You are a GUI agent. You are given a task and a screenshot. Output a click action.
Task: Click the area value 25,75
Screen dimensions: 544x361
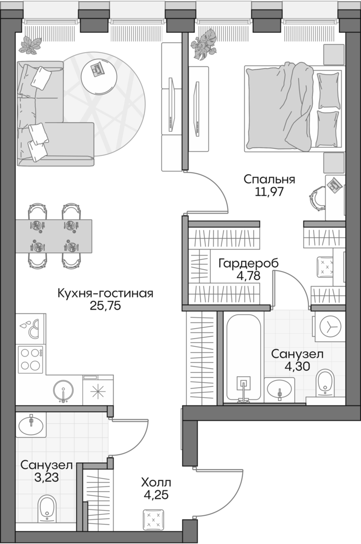pyautogui.click(x=105, y=307)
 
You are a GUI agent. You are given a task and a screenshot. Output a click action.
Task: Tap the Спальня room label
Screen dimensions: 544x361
pyautogui.click(x=269, y=179)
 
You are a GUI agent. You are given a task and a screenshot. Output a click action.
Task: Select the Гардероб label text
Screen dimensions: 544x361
pyautogui.click(x=248, y=263)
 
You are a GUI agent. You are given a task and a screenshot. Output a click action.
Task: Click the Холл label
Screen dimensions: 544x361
pyautogui.click(x=156, y=483)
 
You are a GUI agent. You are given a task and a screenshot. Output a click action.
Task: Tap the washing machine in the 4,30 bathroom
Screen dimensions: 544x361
pyautogui.click(x=330, y=326)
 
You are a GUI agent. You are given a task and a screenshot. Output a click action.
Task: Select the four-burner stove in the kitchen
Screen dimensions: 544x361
pyautogui.click(x=31, y=359)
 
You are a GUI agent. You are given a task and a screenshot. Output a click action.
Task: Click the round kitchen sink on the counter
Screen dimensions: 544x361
pyautogui.click(x=63, y=390)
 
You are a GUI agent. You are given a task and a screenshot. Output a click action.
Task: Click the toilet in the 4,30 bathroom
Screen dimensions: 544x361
pyautogui.click(x=324, y=384)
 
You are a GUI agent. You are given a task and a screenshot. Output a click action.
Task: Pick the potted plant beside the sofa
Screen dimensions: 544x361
pyautogui.click(x=31, y=45)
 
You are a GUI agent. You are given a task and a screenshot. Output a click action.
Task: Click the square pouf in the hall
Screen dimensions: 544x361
pyautogui.click(x=154, y=519)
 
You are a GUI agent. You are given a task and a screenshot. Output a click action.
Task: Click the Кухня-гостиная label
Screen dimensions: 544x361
pyautogui.click(x=105, y=293)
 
